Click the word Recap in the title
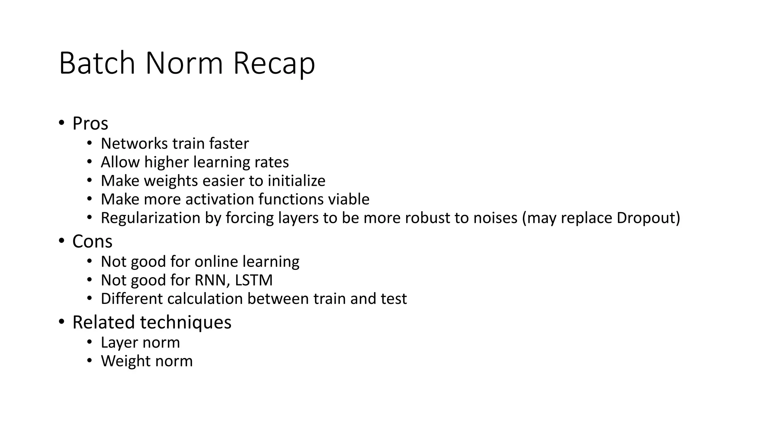(274, 64)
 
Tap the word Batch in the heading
(97, 64)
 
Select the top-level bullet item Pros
(90, 123)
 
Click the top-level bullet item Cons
(92, 242)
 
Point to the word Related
(103, 322)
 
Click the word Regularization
(150, 218)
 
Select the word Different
(132, 299)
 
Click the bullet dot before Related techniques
(62, 322)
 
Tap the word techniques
(186, 322)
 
